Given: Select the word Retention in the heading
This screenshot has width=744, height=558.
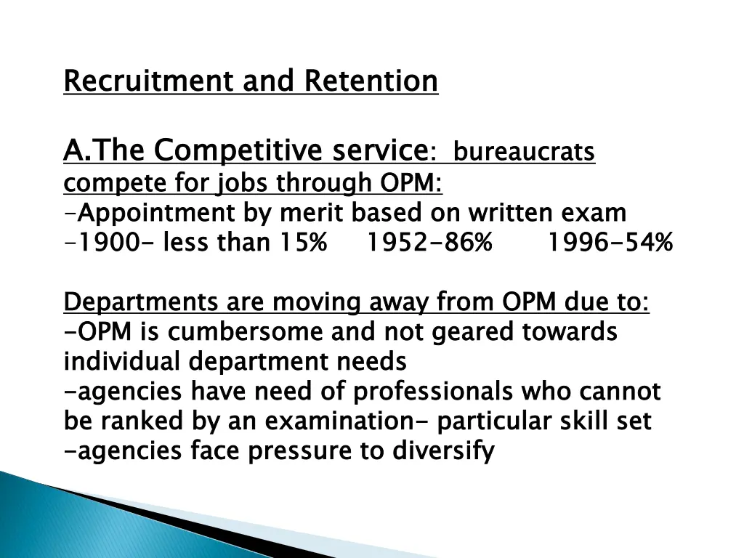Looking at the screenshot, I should coord(371,81).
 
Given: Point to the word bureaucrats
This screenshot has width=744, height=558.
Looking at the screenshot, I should coord(524,153).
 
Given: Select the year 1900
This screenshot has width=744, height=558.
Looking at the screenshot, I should coord(108,243).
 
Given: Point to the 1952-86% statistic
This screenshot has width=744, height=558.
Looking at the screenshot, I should coord(428,243).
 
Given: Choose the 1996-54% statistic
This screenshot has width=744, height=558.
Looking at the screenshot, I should coord(610,243).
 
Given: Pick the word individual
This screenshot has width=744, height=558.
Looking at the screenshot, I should coord(123,361).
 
